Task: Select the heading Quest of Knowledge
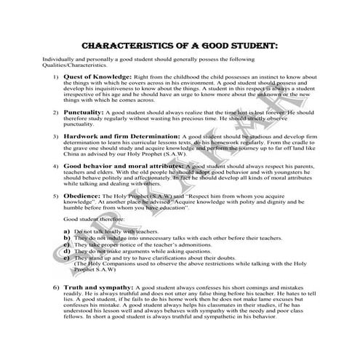tap(97, 76)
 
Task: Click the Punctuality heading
tap(84, 113)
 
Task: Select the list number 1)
tap(55, 76)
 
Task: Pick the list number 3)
tap(55, 136)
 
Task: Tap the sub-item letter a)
tap(67, 231)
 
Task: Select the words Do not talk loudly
tap(99, 231)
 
